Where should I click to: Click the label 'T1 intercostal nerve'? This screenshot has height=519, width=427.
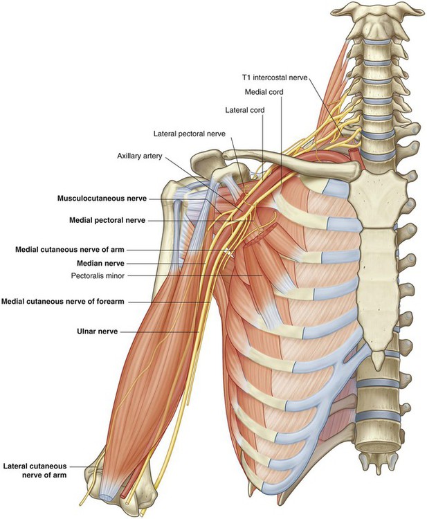pyautogui.click(x=275, y=78)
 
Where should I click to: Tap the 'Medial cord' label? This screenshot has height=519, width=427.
pyautogui.click(x=264, y=91)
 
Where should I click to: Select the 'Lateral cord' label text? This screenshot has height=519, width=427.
pyautogui.click(x=245, y=109)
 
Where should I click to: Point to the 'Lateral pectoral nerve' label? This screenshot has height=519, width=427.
pyautogui.click(x=190, y=134)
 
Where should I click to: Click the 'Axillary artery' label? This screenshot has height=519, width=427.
pyautogui.click(x=140, y=156)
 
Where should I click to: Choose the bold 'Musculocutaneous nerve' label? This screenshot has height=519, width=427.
pyautogui.click(x=102, y=199)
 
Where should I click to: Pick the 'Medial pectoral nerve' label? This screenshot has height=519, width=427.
pyautogui.click(x=107, y=220)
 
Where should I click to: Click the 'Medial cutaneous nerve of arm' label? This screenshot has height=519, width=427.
pyautogui.click(x=70, y=250)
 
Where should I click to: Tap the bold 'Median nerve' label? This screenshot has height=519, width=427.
pyautogui.click(x=100, y=264)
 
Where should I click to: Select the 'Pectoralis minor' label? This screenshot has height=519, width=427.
pyautogui.click(x=98, y=275)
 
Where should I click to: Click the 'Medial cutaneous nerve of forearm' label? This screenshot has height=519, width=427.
pyautogui.click(x=63, y=302)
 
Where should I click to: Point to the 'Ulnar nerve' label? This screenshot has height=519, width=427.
pyautogui.click(x=98, y=331)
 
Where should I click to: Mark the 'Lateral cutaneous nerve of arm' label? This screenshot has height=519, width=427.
pyautogui.click(x=35, y=471)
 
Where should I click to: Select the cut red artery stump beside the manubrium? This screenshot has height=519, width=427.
pyautogui.click(x=354, y=155)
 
